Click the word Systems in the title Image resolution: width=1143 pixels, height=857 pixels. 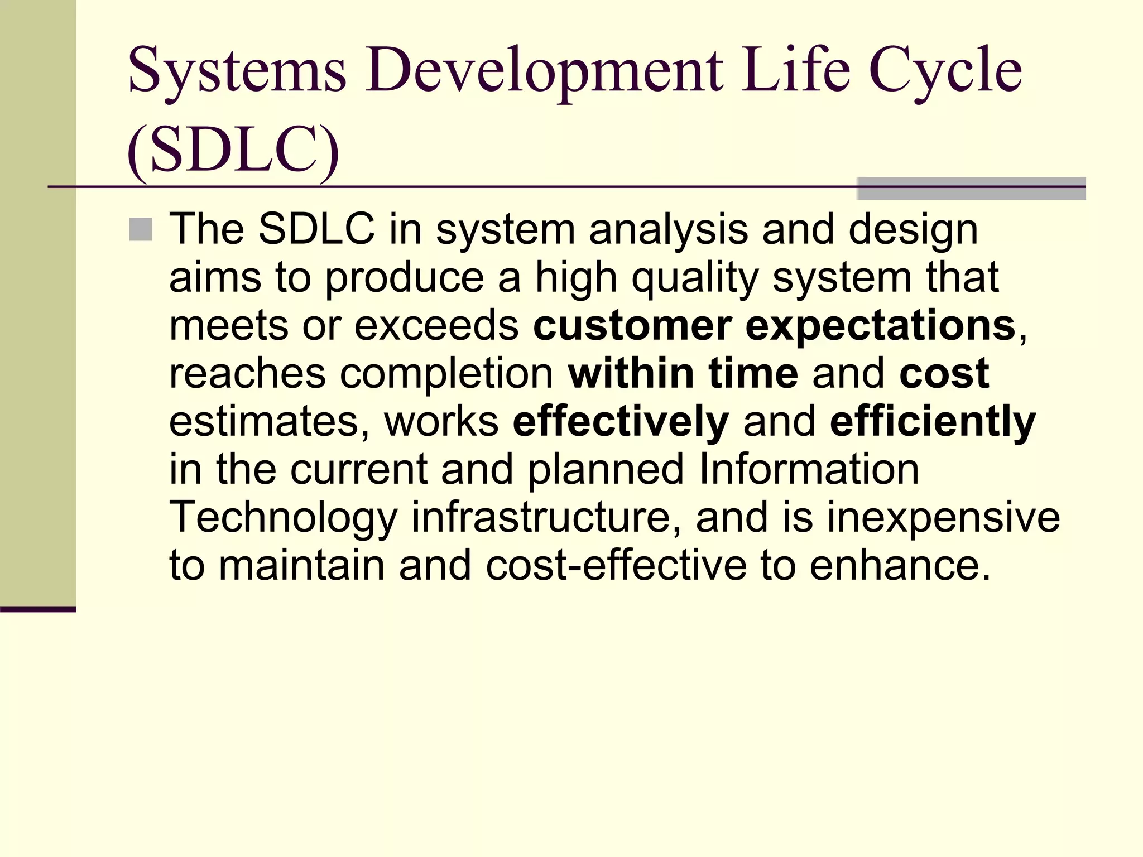pos(237,71)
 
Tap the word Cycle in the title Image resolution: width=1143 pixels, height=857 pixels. pos(945,71)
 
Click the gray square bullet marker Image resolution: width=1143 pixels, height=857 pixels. pos(141,229)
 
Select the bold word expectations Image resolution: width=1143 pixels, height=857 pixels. pos(880,326)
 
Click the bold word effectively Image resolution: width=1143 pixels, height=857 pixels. pos(621,422)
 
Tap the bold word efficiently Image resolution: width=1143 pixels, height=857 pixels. pos(933,422)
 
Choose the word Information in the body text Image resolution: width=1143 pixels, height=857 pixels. pos(809,469)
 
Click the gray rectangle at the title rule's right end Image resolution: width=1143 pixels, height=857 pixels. pos(971,189)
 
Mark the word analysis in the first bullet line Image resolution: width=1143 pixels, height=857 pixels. pos(668,230)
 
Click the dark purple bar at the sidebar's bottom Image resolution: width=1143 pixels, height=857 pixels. pos(38,609)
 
